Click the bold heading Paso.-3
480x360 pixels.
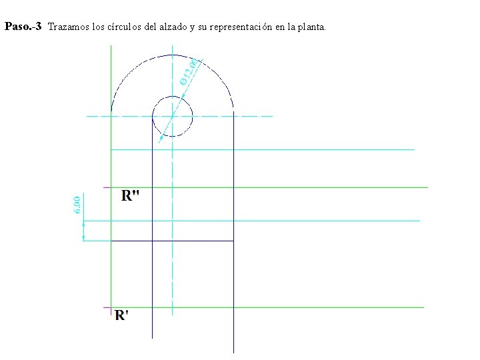click(x=23, y=26)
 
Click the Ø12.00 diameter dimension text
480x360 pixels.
click(x=189, y=73)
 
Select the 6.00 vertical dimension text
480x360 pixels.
click(x=77, y=205)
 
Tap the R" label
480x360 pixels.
click(x=131, y=195)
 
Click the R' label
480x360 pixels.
click(x=121, y=315)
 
